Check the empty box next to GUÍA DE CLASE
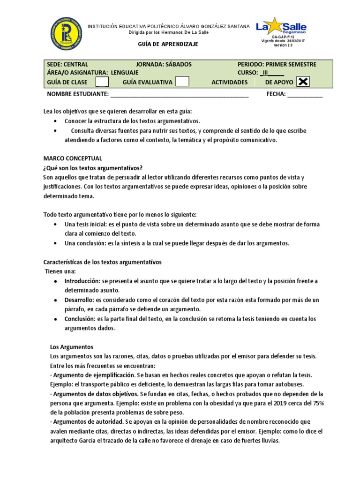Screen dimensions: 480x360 click(x=102, y=82)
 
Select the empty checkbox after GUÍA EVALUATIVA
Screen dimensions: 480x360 click(x=182, y=82)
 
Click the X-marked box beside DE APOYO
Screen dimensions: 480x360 click(x=303, y=82)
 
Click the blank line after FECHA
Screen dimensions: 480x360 click(x=305, y=94)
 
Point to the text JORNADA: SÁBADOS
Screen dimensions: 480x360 click(x=164, y=64)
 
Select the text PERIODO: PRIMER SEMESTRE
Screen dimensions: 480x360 click(x=277, y=64)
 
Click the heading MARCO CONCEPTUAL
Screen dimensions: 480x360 click(x=73, y=158)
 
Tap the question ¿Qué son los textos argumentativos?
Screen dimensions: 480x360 click(x=93, y=168)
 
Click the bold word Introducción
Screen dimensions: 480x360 click(x=82, y=281)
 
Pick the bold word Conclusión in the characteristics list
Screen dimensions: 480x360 click(x=79, y=319)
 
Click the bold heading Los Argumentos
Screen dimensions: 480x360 click(x=72, y=347)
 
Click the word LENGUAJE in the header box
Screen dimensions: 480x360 click(x=125, y=73)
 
